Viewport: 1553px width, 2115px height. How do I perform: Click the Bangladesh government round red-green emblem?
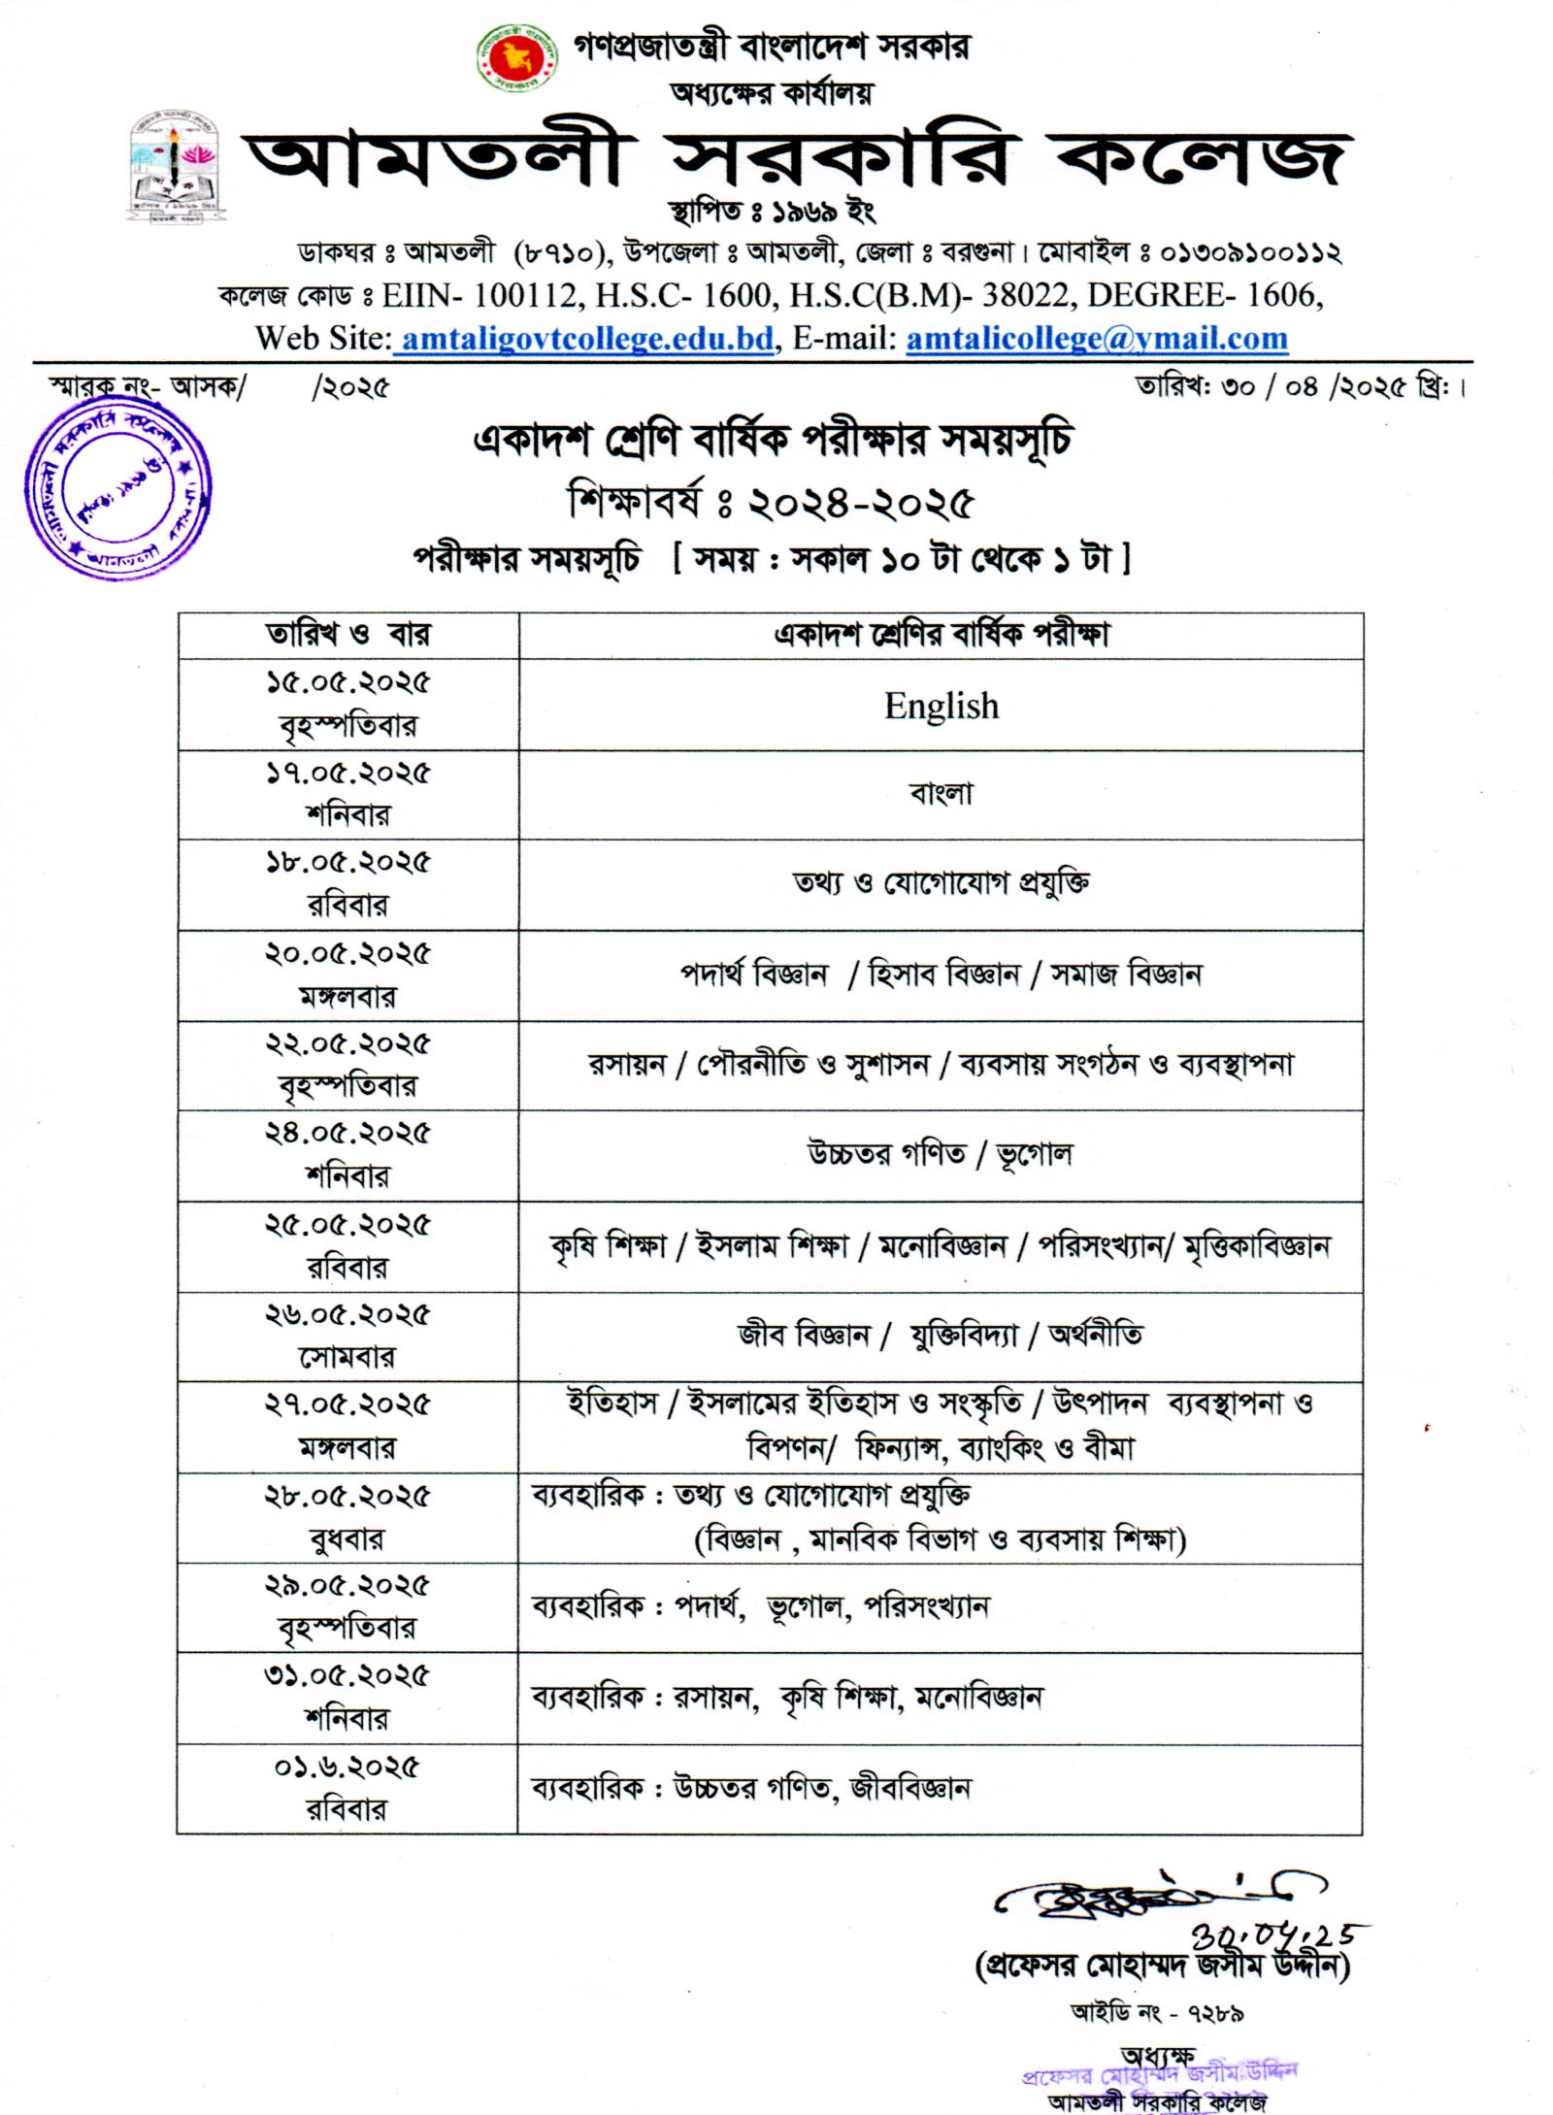coord(517,58)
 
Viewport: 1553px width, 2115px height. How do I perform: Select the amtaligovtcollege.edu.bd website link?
coord(587,339)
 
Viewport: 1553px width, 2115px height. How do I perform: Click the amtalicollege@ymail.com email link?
coord(1097,339)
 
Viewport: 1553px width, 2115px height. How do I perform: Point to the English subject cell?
coord(941,706)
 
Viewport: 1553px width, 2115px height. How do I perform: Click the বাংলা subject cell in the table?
coord(941,794)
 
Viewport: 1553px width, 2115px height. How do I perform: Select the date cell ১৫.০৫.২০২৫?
coord(347,683)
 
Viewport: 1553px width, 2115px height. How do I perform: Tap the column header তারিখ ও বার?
coord(347,635)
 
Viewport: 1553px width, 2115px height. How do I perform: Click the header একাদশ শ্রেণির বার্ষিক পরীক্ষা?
coord(941,635)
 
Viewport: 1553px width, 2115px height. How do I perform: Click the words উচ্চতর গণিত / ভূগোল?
coord(941,1154)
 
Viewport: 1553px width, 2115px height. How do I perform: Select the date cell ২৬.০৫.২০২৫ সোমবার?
coord(347,1336)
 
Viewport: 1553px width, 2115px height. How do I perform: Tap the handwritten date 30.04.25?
coord(1272,1936)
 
